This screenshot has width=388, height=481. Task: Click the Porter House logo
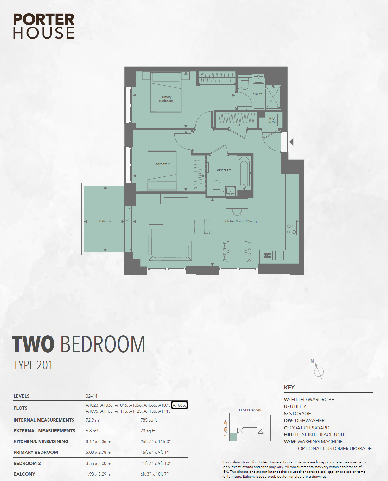(x=44, y=26)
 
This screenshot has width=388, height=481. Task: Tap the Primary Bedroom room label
(x=166, y=99)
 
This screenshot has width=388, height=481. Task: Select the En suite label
(x=256, y=94)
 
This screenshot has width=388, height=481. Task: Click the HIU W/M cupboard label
(x=272, y=120)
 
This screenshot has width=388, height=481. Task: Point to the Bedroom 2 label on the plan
(x=162, y=164)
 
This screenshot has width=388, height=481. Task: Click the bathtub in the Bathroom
(x=244, y=173)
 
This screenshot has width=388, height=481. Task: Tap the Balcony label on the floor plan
(x=105, y=221)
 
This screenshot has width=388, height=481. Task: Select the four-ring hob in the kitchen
(x=291, y=229)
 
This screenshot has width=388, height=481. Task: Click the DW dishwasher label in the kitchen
(x=268, y=256)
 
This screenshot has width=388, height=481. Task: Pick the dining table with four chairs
(x=237, y=251)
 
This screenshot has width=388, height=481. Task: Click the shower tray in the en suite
(x=273, y=97)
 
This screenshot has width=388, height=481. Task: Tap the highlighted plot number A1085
(x=179, y=405)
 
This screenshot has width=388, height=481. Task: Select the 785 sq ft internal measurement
(x=149, y=420)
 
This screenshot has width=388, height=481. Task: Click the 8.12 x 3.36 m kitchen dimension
(x=98, y=441)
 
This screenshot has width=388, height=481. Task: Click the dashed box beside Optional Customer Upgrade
(x=289, y=448)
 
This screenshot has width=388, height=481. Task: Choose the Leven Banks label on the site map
(x=251, y=410)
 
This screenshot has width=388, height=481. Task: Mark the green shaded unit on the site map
(x=233, y=437)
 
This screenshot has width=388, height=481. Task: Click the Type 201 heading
(x=33, y=365)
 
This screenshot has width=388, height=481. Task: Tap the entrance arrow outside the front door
(x=291, y=142)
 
